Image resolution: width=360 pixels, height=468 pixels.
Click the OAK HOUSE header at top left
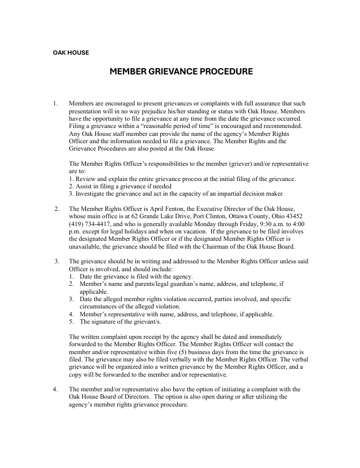(71, 52)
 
